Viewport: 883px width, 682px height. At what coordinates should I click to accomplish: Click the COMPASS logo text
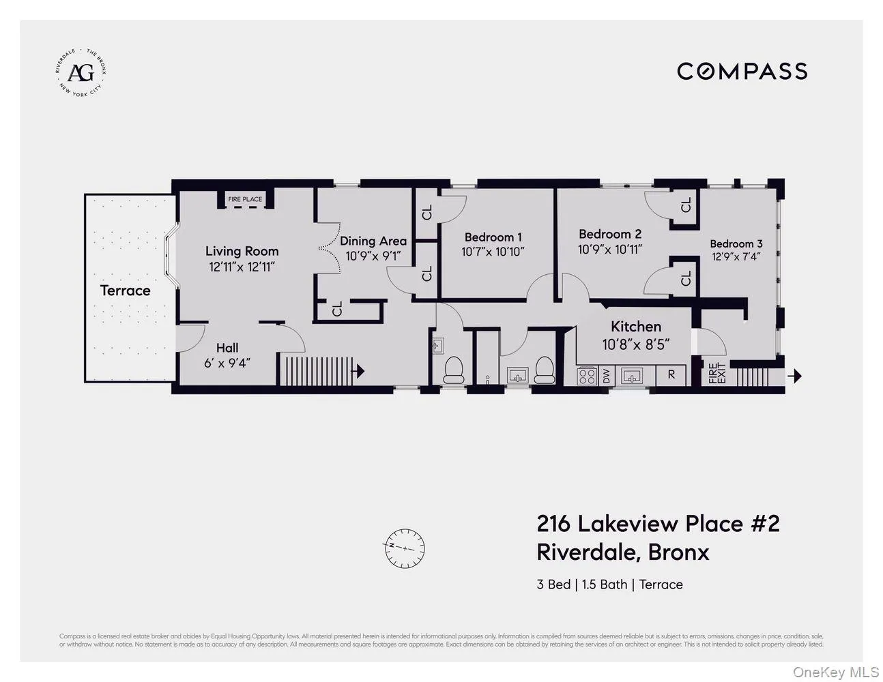tap(742, 71)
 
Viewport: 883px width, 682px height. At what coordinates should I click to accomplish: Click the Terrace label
tap(125, 291)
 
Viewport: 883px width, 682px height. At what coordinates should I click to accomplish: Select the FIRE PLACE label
tap(245, 199)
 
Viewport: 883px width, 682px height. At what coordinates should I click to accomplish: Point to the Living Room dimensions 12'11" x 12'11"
tap(242, 267)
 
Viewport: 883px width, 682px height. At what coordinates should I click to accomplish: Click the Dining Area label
tap(373, 241)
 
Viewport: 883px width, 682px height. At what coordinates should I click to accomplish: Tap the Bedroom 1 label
tap(493, 237)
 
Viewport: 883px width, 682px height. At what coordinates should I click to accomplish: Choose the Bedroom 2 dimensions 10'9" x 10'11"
tap(609, 250)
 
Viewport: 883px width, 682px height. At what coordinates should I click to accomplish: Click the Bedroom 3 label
tap(736, 243)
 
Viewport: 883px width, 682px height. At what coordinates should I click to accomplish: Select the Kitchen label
tap(635, 327)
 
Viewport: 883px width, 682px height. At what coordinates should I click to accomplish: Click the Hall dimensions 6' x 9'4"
tap(227, 363)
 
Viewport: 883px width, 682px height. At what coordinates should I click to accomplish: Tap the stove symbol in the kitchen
tap(588, 375)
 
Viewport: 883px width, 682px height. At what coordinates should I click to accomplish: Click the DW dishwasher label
tap(606, 375)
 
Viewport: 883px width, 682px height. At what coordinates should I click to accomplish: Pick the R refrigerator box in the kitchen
tap(671, 374)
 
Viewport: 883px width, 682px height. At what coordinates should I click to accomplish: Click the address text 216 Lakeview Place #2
tap(658, 524)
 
